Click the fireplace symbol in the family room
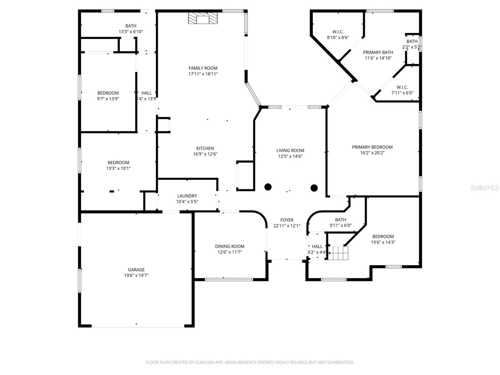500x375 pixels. [202, 18]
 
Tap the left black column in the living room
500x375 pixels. [268, 187]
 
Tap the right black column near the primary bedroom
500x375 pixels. [314, 188]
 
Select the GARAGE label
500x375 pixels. [136, 270]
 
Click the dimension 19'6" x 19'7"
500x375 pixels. [136, 275]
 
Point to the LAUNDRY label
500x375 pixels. [187, 196]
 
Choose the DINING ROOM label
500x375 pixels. [230, 246]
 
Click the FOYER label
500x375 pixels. [287, 220]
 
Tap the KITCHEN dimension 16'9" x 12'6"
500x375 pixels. [205, 154]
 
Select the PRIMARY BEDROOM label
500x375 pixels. [372, 147]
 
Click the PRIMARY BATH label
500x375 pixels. [378, 52]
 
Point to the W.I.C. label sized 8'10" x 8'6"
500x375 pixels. [338, 32]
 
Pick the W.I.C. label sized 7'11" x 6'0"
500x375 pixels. [402, 87]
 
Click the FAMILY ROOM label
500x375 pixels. [203, 68]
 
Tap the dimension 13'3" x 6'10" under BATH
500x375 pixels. [131, 32]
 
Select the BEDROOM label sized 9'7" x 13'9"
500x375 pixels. [108, 93]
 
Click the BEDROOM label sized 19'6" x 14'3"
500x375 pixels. [383, 237]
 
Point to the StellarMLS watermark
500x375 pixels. [484, 187]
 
